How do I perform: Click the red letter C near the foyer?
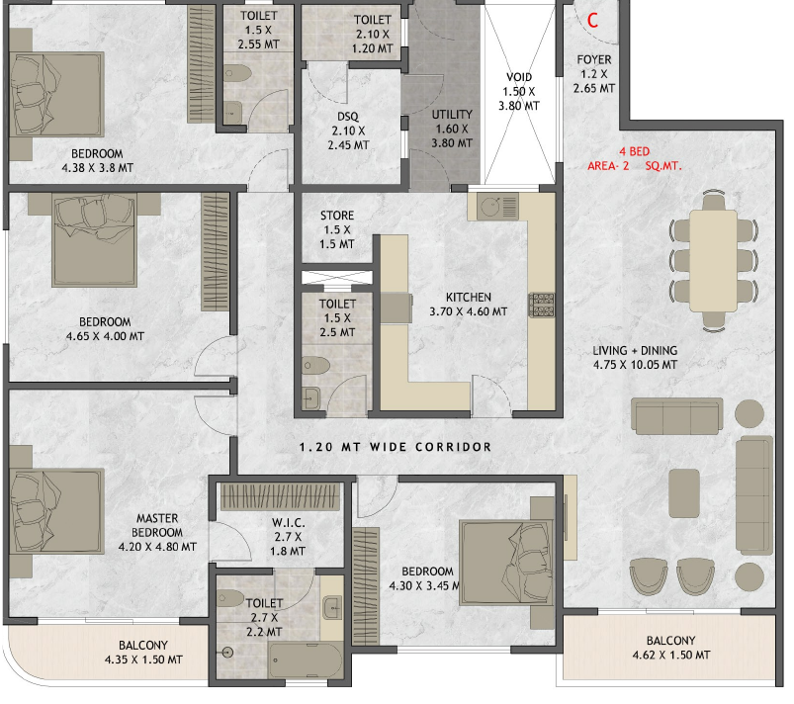tap(592, 20)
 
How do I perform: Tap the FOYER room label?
tap(594, 59)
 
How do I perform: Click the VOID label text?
tap(519, 77)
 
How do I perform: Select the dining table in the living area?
tap(713, 260)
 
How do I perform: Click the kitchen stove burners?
tap(541, 305)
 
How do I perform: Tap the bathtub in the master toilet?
tap(306, 660)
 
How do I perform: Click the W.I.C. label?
tap(288, 523)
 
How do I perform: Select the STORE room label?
tap(337, 216)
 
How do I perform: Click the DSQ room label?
tap(348, 117)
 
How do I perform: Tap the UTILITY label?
tap(452, 115)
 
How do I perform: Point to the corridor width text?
tap(395, 447)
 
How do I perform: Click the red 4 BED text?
tap(634, 151)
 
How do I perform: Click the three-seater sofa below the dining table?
tap(676, 416)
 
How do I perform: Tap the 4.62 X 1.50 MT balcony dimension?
tap(671, 656)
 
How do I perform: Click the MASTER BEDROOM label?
tap(157, 526)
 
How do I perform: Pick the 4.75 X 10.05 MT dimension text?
tap(635, 365)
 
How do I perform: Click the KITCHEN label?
tap(469, 298)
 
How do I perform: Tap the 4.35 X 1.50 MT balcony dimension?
tap(143, 660)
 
